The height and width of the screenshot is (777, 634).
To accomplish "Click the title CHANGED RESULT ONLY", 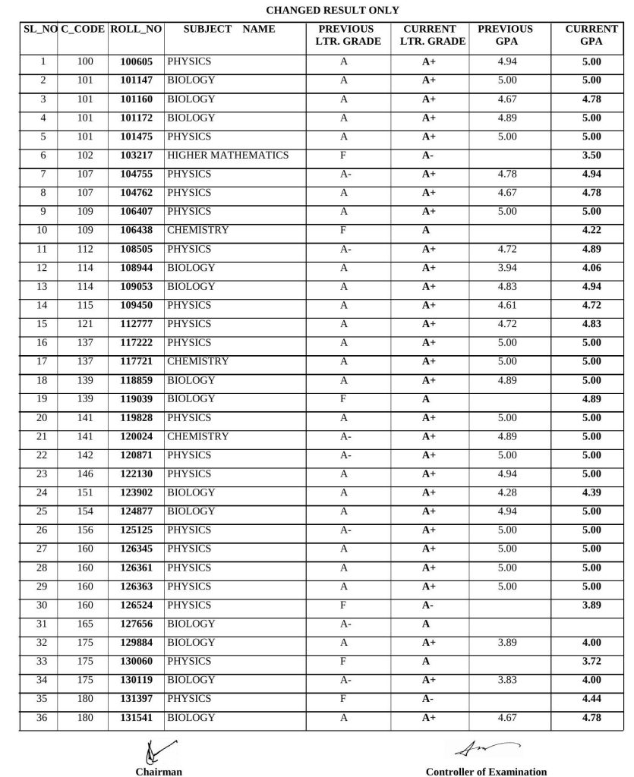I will [x=333, y=10].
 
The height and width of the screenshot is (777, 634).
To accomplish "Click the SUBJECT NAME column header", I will [x=229, y=30].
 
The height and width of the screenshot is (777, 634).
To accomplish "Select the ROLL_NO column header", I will [x=136, y=30].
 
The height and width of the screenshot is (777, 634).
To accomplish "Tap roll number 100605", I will [x=136, y=61].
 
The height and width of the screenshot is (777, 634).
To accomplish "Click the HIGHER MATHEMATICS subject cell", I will [x=228, y=156].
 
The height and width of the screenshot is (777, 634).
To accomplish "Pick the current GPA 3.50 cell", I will [x=591, y=156].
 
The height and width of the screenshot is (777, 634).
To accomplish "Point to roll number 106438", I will [x=136, y=231].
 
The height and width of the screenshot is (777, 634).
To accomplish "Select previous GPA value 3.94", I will [x=506, y=268].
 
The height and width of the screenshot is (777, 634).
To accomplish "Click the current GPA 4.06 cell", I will [x=591, y=268].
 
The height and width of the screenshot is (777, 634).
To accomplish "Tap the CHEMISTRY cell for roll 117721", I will [x=197, y=362].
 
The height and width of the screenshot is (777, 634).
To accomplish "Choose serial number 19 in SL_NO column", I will [x=42, y=399].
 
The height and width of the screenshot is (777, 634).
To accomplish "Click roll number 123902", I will [x=136, y=493].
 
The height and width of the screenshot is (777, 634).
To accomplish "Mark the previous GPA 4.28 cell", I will [x=506, y=493].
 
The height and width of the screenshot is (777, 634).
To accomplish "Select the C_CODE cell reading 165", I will [x=85, y=624].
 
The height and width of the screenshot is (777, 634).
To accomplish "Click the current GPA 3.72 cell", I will [x=591, y=662].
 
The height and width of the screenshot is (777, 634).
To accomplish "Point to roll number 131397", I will [x=136, y=699].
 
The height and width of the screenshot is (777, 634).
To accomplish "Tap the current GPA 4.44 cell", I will [x=591, y=699].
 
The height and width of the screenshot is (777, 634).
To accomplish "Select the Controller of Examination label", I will [x=486, y=772].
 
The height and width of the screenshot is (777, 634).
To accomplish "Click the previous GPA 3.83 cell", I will [x=506, y=681].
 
